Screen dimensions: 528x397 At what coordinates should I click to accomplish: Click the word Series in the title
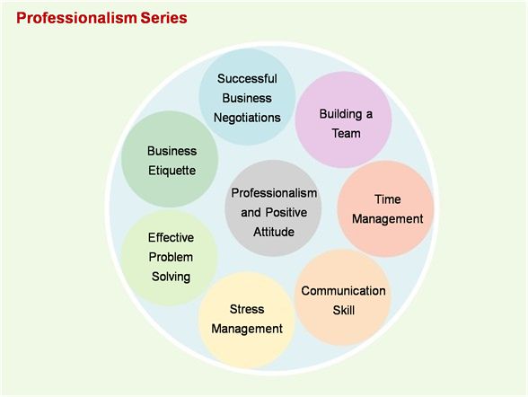tap(163, 18)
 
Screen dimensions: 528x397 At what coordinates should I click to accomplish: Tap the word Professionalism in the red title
tap(76, 18)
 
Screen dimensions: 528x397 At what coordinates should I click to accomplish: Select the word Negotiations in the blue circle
tap(247, 118)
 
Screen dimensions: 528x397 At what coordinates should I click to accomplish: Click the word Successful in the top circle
tap(247, 78)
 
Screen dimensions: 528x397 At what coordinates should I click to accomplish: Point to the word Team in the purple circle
tap(347, 133)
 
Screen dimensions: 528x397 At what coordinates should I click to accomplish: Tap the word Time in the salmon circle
tap(388, 199)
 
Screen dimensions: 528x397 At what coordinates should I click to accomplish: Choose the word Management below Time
tap(388, 219)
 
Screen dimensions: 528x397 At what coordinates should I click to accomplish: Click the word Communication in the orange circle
tap(343, 291)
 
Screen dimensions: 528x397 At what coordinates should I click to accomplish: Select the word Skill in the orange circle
tap(344, 310)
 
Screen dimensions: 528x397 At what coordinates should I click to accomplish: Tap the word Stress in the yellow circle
tap(247, 309)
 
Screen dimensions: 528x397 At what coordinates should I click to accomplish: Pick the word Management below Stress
tap(247, 329)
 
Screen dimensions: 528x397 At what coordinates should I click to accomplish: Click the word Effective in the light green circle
tap(171, 238)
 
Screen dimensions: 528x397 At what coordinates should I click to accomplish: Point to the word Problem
tap(171, 257)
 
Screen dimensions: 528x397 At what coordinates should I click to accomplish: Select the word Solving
tap(171, 278)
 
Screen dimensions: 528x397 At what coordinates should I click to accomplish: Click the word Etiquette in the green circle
tap(172, 171)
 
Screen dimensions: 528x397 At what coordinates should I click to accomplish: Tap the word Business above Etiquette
tap(172, 151)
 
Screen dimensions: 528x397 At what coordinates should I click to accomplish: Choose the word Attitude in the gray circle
tap(274, 232)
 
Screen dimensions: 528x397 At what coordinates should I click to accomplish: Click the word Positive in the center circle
tap(286, 213)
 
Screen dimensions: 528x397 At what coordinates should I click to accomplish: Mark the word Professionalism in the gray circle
tap(274, 193)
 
